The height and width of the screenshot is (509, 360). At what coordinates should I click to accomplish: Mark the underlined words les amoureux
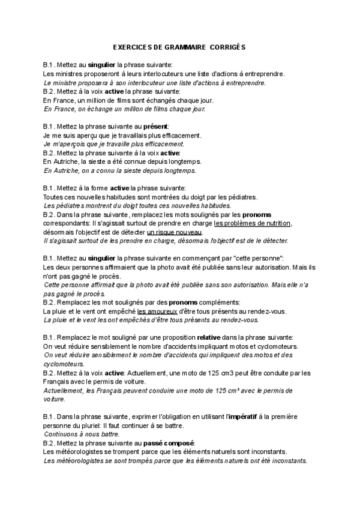pos(156,312)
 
